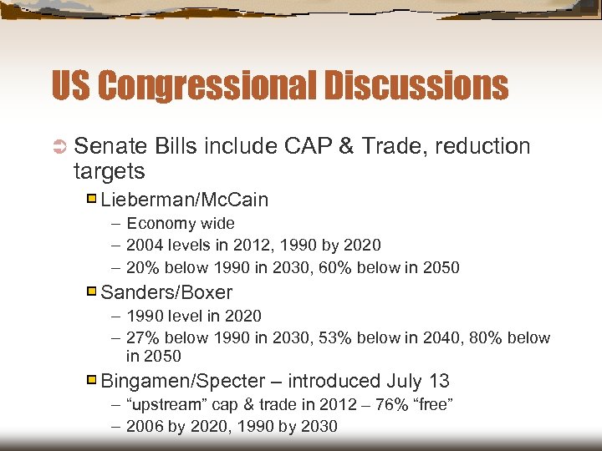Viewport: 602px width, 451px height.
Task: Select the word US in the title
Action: click(69, 85)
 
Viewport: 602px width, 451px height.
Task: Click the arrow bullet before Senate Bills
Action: click(59, 147)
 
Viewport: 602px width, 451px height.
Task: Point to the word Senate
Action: click(110, 146)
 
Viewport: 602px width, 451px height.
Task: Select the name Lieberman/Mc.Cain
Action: click(184, 200)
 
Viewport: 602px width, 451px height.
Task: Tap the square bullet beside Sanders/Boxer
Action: click(92, 292)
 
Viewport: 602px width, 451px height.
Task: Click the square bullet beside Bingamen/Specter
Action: click(92, 381)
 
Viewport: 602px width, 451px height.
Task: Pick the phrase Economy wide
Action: click(180, 223)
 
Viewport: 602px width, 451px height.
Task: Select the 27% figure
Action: click(144, 337)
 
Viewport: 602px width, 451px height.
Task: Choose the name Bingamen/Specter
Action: click(182, 381)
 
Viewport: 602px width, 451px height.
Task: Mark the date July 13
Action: click(417, 381)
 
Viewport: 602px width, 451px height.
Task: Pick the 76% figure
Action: click(383, 404)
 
